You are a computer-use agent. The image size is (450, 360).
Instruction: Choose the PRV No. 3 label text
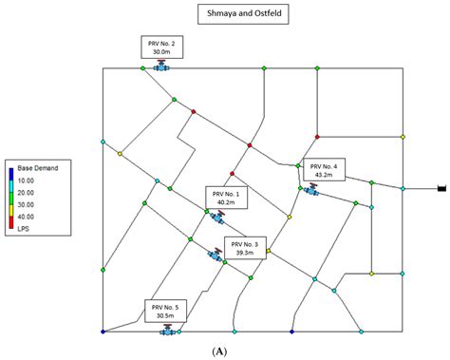click(x=244, y=244)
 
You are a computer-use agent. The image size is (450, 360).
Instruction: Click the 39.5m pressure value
click(x=244, y=254)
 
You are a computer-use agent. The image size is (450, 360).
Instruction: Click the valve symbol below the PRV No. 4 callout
click(x=310, y=190)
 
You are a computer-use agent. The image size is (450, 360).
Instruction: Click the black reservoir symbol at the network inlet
click(x=441, y=189)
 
